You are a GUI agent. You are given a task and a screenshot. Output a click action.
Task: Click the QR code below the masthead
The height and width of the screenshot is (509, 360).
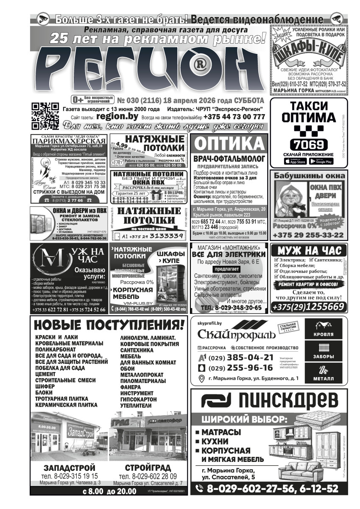(45, 116)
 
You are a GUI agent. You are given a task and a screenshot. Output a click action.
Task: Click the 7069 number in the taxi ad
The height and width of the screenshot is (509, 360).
(308, 143)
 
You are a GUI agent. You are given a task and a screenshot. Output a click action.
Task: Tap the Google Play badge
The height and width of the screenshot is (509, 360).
(321, 161)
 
